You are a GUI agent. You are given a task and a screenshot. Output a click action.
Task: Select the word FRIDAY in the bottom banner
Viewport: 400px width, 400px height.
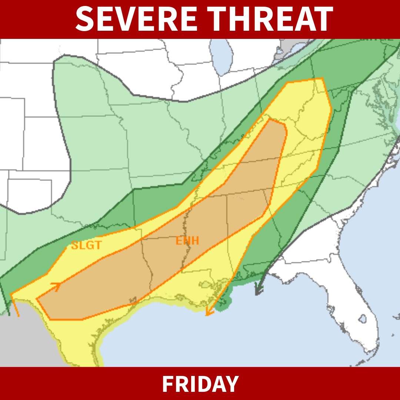pyautogui.click(x=200, y=384)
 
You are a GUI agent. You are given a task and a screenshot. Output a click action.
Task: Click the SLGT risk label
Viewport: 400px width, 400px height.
pyautogui.click(x=86, y=245)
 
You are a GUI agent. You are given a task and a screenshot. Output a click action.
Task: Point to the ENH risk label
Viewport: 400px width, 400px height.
pyautogui.click(x=187, y=241)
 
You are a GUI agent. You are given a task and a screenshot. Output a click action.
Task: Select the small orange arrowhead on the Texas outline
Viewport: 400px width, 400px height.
pyautogui.click(x=56, y=286)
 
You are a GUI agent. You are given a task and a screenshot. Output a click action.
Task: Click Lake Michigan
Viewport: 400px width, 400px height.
pyautogui.click(x=221, y=56)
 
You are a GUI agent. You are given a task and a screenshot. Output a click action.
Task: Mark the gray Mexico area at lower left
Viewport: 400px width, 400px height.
pyautogui.click(x=22, y=341)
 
